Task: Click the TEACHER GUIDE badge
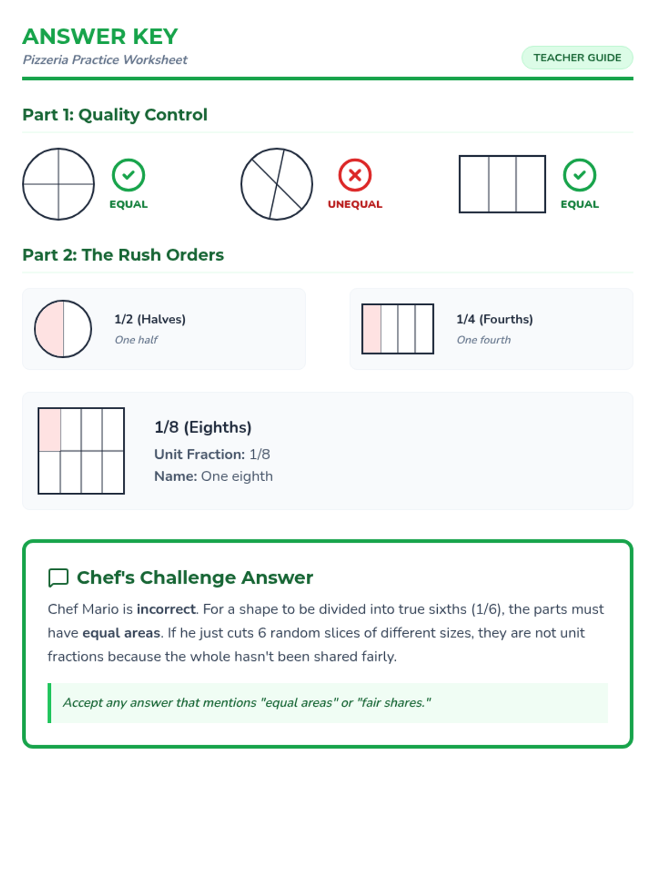(x=576, y=58)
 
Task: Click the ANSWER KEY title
(x=100, y=37)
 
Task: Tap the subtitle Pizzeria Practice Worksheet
(x=105, y=60)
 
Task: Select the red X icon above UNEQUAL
(x=355, y=175)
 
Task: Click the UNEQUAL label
(x=355, y=204)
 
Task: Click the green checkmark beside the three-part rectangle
(x=580, y=175)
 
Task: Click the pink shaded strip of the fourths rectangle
(x=372, y=329)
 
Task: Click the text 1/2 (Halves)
(x=150, y=320)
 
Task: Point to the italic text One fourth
(x=484, y=340)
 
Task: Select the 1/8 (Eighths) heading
(x=203, y=427)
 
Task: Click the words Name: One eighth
(x=213, y=476)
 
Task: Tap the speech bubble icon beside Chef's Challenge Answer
(x=58, y=578)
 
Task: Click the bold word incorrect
(x=166, y=609)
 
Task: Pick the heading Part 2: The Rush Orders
(x=123, y=255)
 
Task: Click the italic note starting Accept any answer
(x=247, y=703)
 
